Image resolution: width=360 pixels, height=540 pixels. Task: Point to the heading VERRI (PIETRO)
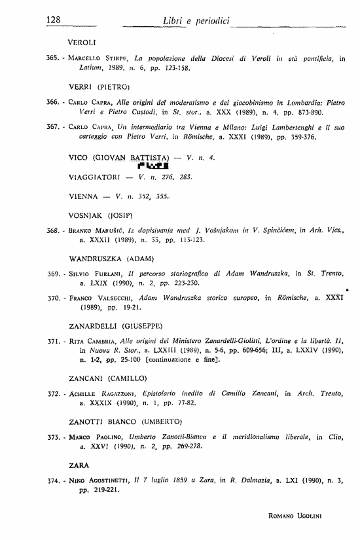click(x=99, y=86)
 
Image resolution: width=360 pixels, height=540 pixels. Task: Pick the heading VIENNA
click(x=84, y=196)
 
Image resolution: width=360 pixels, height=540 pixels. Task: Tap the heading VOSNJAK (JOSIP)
click(x=101, y=215)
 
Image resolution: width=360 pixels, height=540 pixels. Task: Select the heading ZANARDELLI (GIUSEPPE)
click(x=115, y=325)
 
